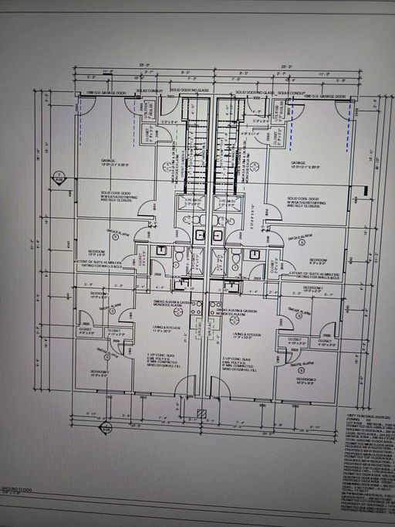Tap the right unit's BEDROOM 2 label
[x=306, y=379]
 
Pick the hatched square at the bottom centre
[x=202, y=413]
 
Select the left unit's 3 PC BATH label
[x=189, y=199]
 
